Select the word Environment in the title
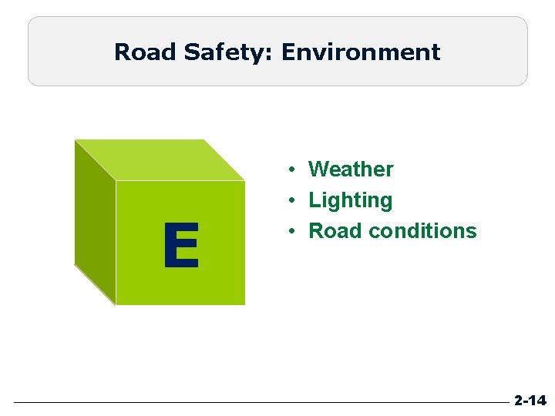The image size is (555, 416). [361, 52]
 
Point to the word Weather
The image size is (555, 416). [351, 169]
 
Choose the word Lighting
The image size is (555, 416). [350, 200]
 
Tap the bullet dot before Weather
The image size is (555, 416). [294, 169]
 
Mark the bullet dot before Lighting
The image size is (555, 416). [294, 200]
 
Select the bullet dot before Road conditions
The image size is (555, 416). [294, 231]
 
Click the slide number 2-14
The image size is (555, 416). [530, 401]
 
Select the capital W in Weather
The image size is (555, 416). [318, 169]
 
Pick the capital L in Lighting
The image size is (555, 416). [314, 200]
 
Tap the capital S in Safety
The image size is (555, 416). [191, 52]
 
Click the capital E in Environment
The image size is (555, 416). [288, 52]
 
